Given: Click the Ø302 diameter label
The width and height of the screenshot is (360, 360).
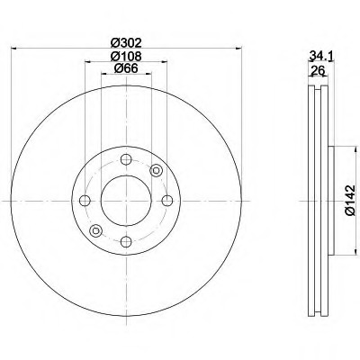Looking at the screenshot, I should [x=127, y=41].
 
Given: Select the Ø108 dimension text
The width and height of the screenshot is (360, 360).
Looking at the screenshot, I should [x=127, y=57].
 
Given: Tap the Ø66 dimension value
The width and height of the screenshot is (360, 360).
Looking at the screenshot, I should [x=127, y=71].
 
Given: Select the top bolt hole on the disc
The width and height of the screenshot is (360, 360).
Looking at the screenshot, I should [x=127, y=161].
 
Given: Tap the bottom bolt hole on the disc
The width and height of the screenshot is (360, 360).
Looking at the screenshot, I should [x=127, y=240].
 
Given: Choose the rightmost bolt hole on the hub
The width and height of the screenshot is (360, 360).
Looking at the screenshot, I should [x=166, y=201].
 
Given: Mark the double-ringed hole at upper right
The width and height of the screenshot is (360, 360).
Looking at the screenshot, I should [x=156, y=171].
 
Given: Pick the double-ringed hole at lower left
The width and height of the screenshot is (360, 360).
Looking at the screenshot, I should [x=97, y=229].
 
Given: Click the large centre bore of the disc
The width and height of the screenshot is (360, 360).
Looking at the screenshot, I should [x=127, y=201].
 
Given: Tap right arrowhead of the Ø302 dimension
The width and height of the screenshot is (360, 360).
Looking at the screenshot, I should [x=237, y=48].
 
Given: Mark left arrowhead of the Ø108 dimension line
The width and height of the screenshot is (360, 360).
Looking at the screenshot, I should [x=88, y=63].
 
